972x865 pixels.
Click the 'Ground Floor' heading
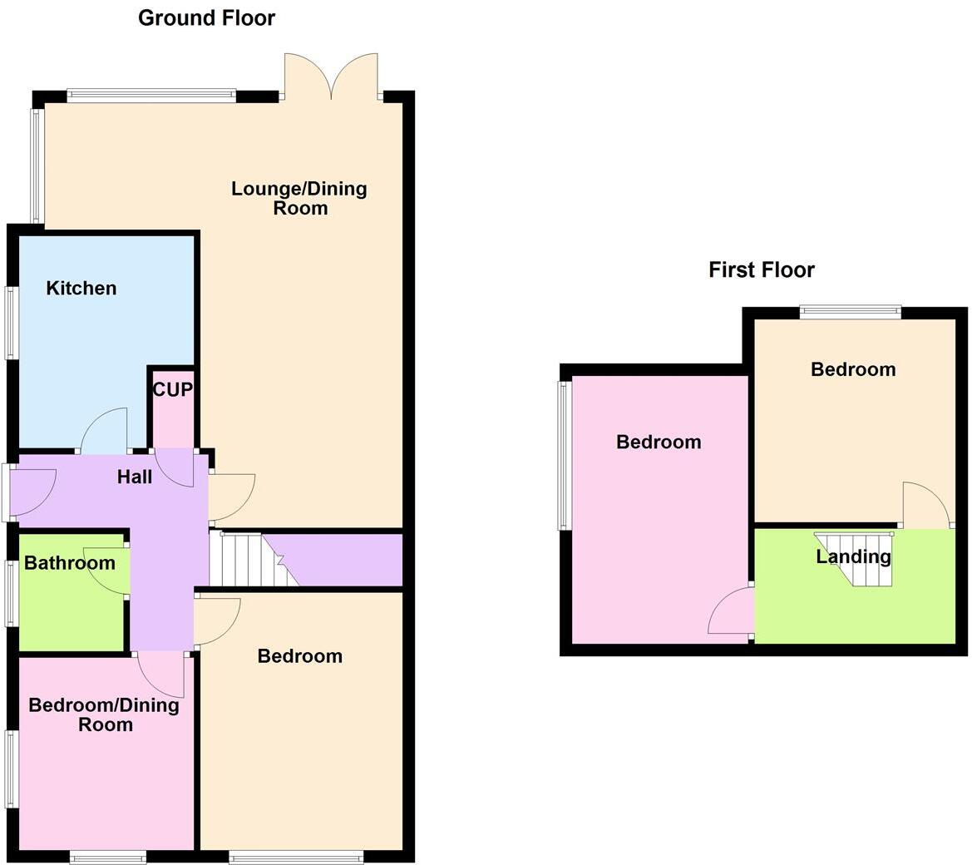click(206, 17)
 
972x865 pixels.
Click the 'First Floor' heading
click(761, 269)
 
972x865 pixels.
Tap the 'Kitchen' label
click(81, 289)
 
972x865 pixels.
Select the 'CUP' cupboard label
click(172, 389)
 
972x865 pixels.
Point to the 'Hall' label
click(134, 477)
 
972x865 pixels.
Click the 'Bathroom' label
click(69, 563)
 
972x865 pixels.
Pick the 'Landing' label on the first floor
click(853, 556)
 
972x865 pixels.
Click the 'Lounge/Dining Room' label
click(299, 198)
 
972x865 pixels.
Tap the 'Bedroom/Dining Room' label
click(104, 714)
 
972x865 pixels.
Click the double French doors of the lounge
click(331, 77)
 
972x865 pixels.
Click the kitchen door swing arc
click(104, 430)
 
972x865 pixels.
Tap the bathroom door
click(106, 571)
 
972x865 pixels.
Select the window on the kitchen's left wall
click(11, 323)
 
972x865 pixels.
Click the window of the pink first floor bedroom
click(565, 455)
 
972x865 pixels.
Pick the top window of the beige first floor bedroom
click(850, 313)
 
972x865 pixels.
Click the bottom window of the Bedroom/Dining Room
click(108, 855)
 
